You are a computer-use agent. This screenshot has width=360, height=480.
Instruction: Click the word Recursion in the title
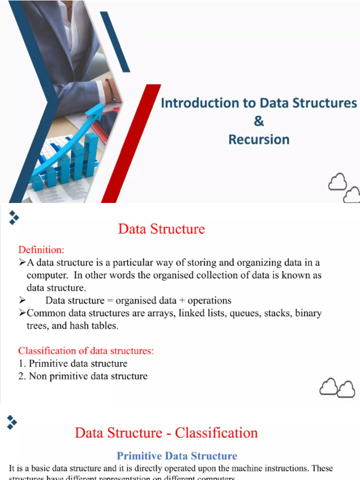point(259,139)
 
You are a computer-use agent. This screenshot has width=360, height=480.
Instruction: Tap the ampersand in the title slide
point(259,121)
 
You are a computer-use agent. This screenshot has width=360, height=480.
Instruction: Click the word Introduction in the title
point(194,103)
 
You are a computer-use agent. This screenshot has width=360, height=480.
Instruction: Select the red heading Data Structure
point(161,229)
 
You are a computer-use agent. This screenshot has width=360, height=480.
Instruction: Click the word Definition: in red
point(41,249)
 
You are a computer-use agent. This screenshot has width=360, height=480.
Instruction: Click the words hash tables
point(94,326)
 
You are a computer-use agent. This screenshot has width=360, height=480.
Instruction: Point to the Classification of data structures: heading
point(86,351)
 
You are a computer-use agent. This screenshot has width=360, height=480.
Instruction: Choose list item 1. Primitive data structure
point(73,363)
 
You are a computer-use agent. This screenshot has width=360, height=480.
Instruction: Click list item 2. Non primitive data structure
point(82,376)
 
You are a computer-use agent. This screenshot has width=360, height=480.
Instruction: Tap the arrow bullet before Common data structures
point(22,313)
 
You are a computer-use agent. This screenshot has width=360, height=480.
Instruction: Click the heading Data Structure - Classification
point(166,432)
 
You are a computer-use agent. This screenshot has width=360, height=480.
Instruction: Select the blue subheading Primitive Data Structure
point(177,456)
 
